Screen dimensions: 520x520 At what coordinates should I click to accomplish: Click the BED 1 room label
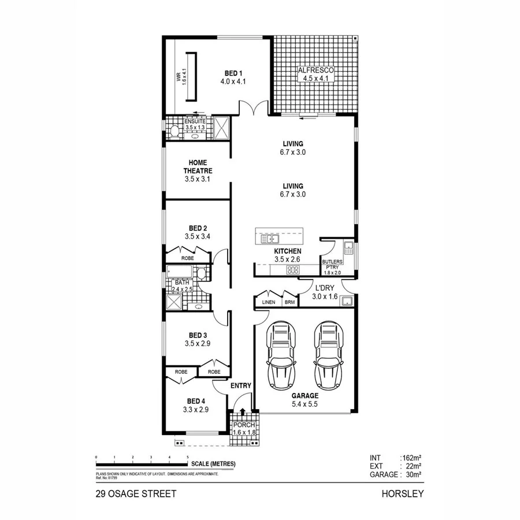tap(233, 73)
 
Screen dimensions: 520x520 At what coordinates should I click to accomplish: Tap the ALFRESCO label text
tap(315, 70)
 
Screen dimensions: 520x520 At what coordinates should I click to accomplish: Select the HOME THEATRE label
tap(198, 167)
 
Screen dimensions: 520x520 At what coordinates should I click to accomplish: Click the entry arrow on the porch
tap(243, 412)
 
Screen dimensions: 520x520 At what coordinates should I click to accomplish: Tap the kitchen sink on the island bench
tap(269, 239)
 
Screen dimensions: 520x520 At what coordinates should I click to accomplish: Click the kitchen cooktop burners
tap(294, 269)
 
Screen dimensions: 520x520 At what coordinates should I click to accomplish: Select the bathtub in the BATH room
tap(181, 272)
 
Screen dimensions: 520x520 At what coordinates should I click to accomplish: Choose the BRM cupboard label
tap(289, 302)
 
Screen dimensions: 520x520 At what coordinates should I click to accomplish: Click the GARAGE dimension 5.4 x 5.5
tap(304, 404)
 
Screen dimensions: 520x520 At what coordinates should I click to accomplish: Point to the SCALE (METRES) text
tap(213, 464)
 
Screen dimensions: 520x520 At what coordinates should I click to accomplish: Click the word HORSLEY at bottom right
tap(403, 494)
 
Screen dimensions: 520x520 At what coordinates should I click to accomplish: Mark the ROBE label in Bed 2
tap(188, 258)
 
